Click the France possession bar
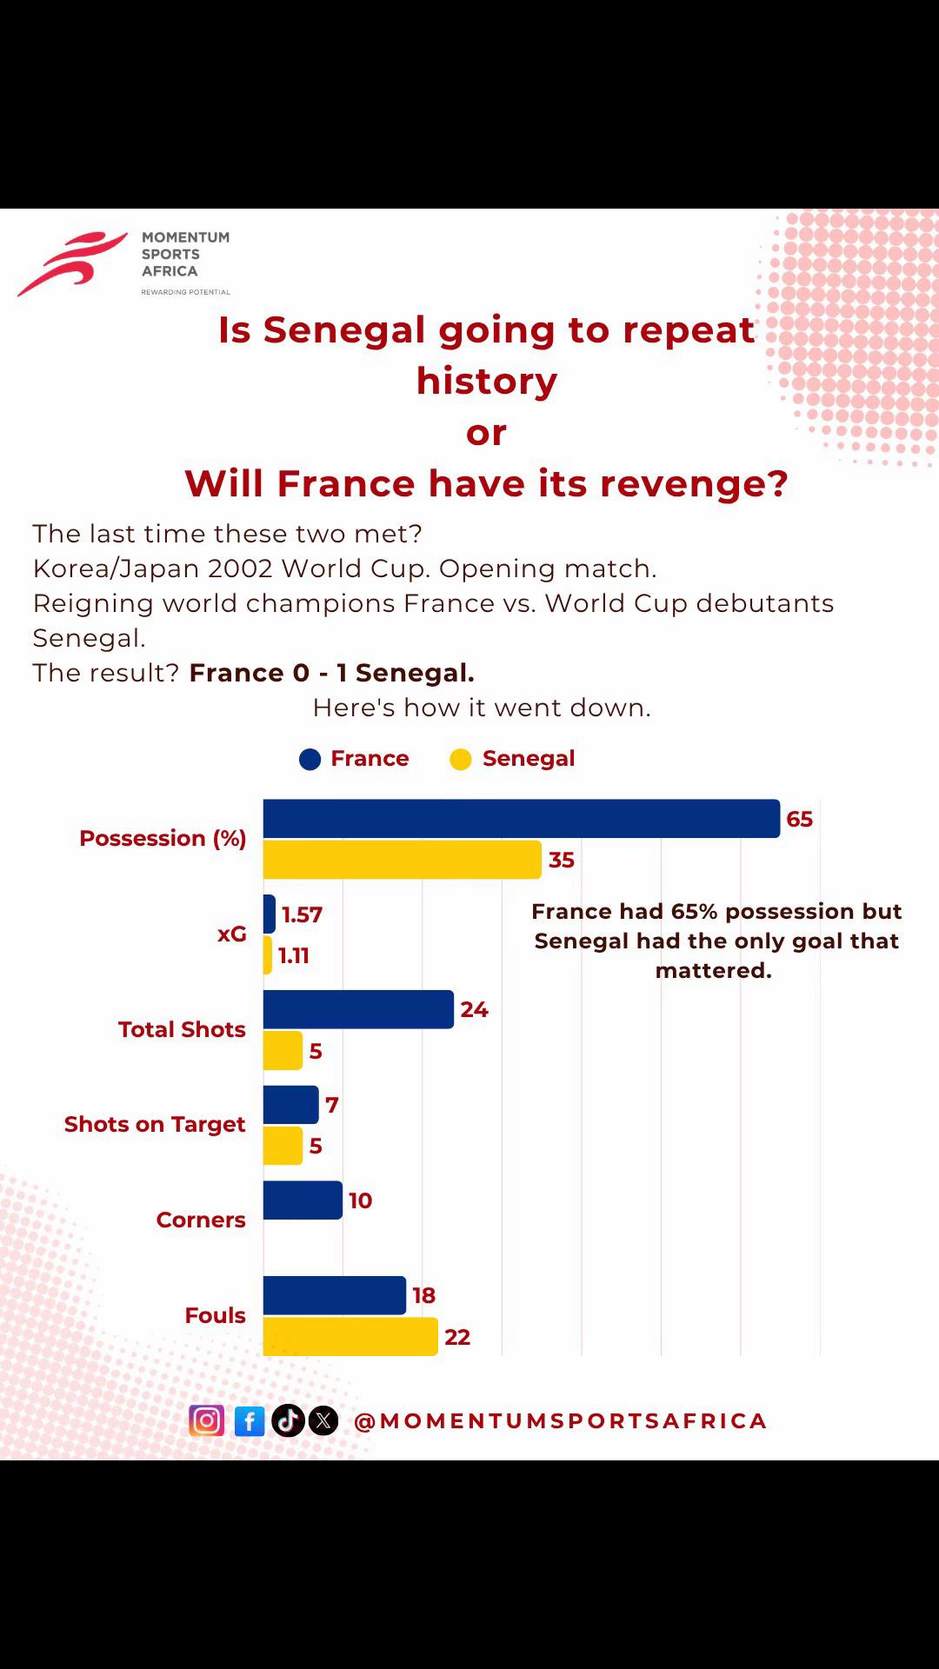click(522, 818)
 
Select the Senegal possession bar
click(403, 860)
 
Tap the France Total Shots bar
click(358, 1009)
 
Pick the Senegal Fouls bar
click(350, 1336)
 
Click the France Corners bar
click(303, 1200)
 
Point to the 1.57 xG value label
click(302, 914)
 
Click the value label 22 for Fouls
click(457, 1337)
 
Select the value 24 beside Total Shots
click(475, 1009)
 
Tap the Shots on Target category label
click(155, 1124)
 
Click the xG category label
click(232, 934)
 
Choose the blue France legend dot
click(310, 760)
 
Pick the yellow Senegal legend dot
click(461, 760)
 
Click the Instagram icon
click(207, 1420)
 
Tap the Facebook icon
click(250, 1421)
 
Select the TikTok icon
click(289, 1420)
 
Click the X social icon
click(323, 1420)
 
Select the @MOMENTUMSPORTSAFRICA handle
click(561, 1420)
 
